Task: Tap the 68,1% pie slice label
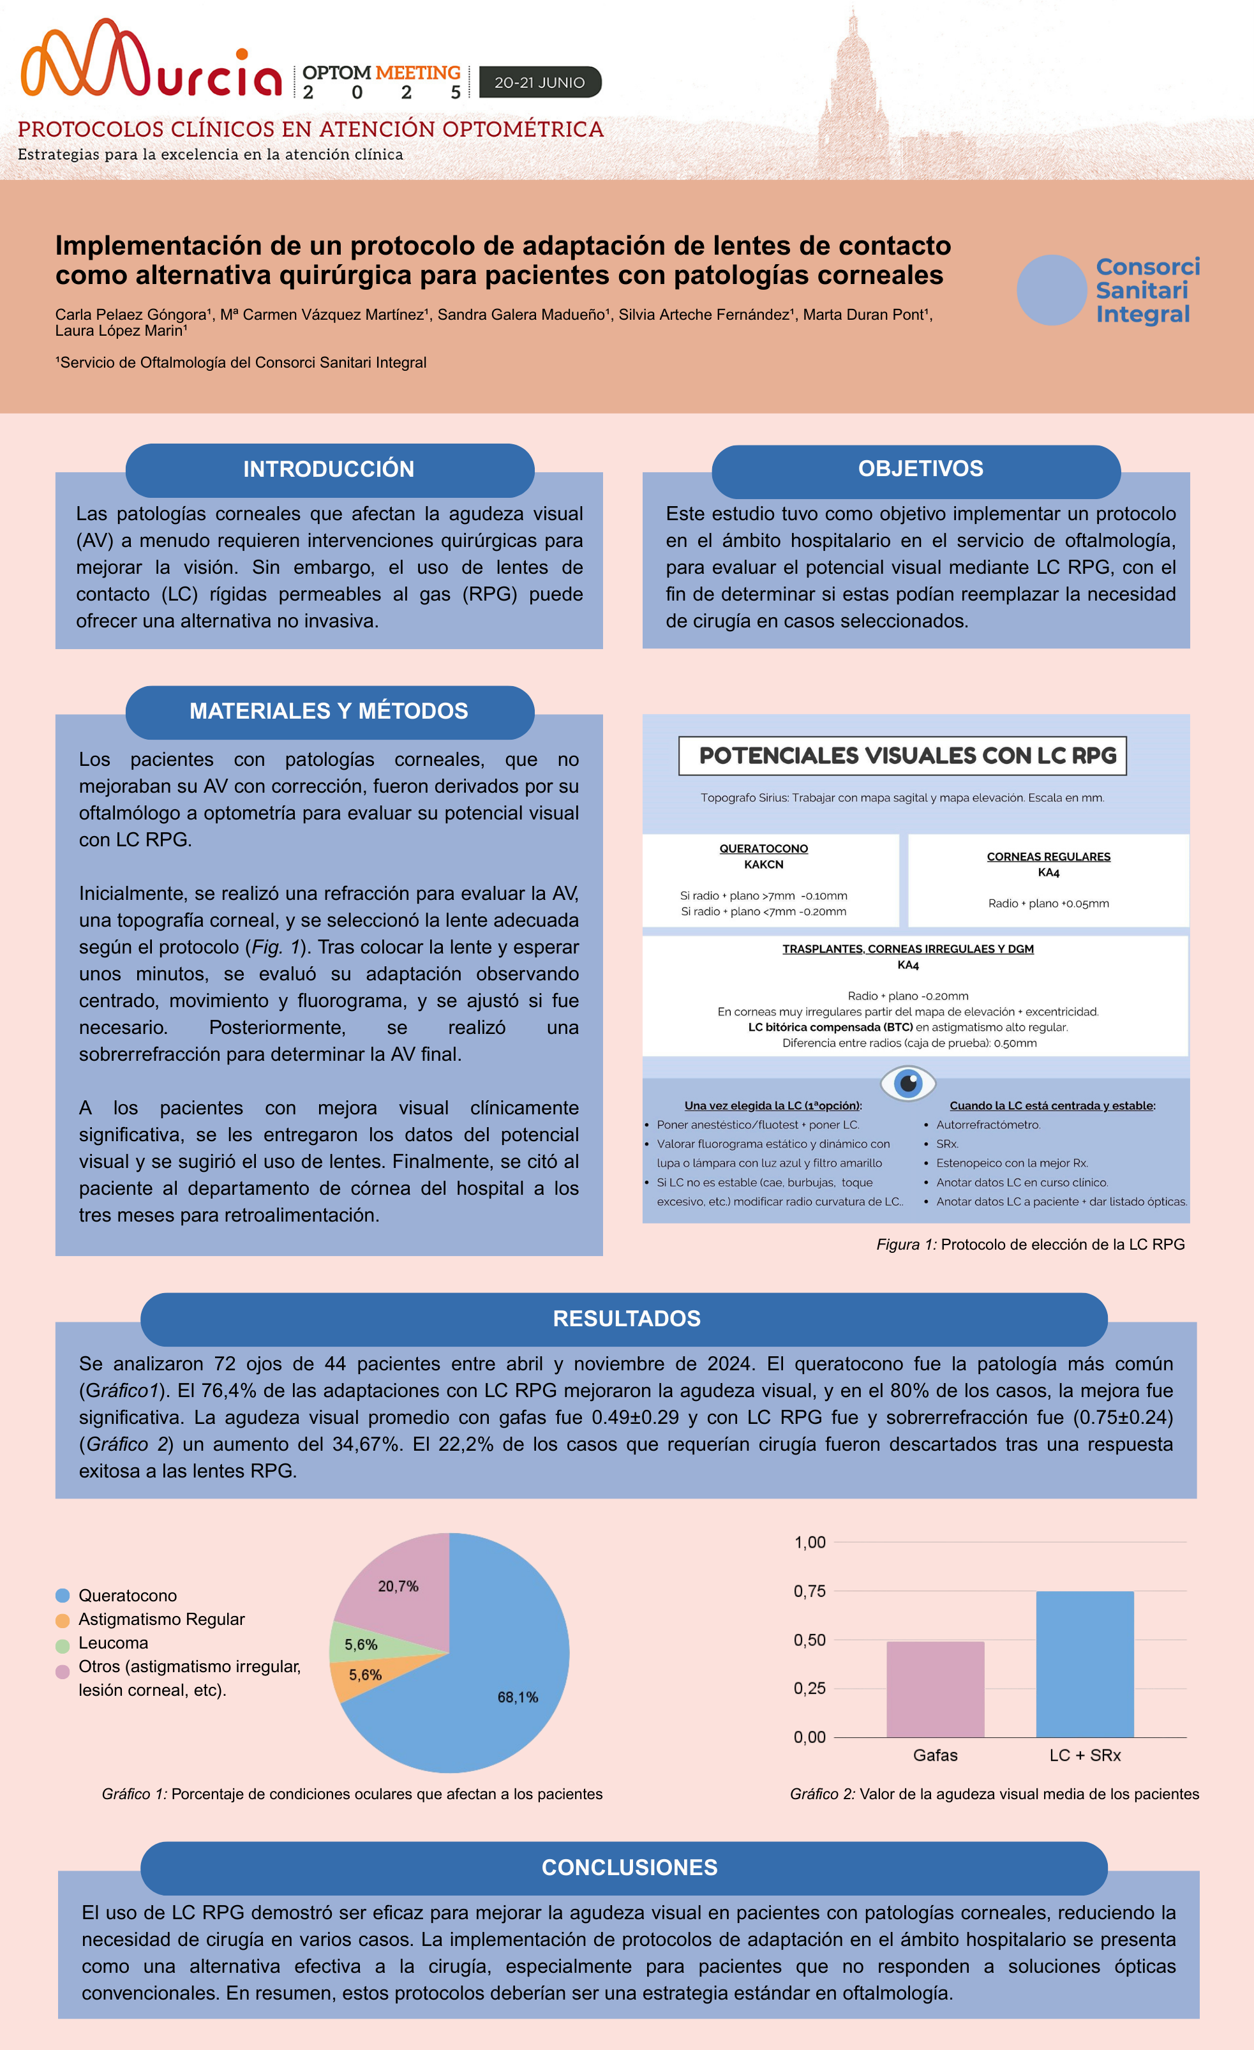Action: coord(518,1697)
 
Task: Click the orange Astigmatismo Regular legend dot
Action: coord(63,1620)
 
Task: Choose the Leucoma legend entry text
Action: coord(113,1643)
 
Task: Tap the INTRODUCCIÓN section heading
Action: coord(329,469)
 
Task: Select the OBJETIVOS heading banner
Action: coord(920,468)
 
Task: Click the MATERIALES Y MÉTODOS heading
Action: coord(329,712)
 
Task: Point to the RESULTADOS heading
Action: coord(627,1319)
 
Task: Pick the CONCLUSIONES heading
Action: coord(629,1868)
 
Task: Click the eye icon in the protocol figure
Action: coord(908,1083)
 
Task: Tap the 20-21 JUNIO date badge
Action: coord(539,82)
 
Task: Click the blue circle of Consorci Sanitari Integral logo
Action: coord(1051,290)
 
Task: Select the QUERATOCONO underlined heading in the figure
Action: coord(763,849)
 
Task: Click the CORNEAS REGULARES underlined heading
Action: coord(1049,857)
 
